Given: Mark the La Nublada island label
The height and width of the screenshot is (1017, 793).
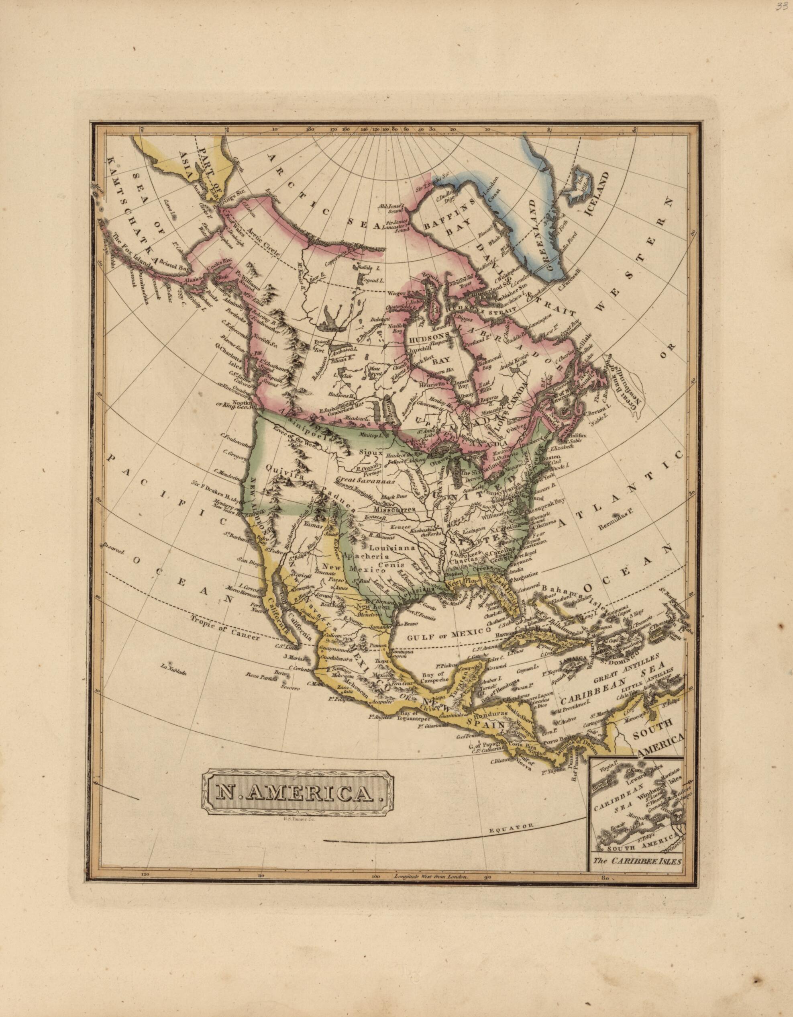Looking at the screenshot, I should pos(173,672).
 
